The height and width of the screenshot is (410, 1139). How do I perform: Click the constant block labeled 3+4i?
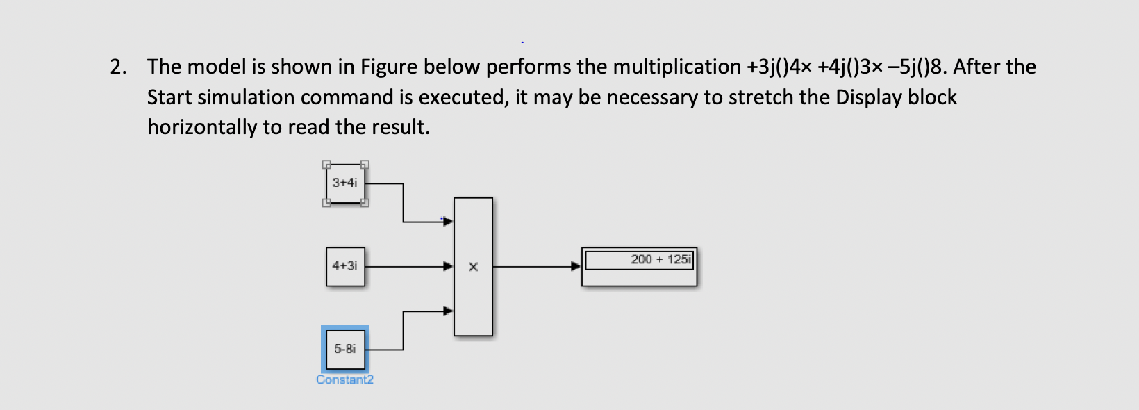pos(345,183)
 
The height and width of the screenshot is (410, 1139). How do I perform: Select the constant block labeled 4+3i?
pos(345,266)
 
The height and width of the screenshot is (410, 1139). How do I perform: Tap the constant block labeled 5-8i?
pos(345,349)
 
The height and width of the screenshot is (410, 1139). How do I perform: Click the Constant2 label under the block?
pos(344,379)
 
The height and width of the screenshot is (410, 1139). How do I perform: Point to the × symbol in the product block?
pos(473,267)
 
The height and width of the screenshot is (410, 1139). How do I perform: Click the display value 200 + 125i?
pos(660,260)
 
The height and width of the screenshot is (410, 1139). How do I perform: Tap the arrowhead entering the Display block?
pos(575,266)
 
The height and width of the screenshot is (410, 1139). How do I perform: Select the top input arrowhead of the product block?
pos(448,221)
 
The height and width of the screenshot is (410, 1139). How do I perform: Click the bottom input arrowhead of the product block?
pos(448,311)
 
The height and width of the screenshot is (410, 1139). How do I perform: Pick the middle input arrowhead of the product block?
pos(448,265)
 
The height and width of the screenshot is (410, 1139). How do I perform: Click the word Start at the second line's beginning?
pos(169,97)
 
